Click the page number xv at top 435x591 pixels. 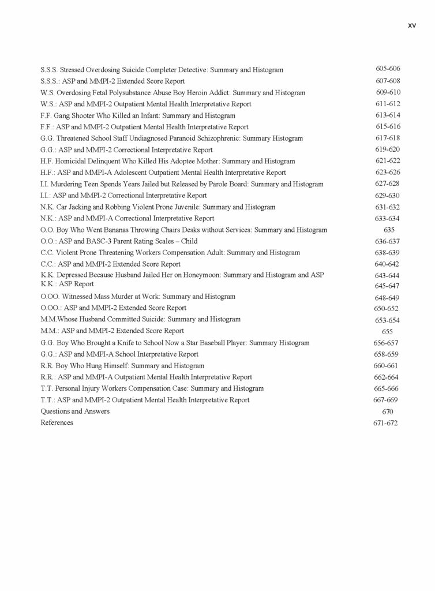412,25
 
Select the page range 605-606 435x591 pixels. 388,69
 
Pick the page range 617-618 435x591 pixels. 388,138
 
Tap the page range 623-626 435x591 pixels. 388,173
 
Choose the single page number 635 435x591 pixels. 388,230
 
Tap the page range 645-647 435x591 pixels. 388,286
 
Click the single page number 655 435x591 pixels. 388,332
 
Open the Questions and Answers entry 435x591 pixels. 75,412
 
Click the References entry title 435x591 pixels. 57,422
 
